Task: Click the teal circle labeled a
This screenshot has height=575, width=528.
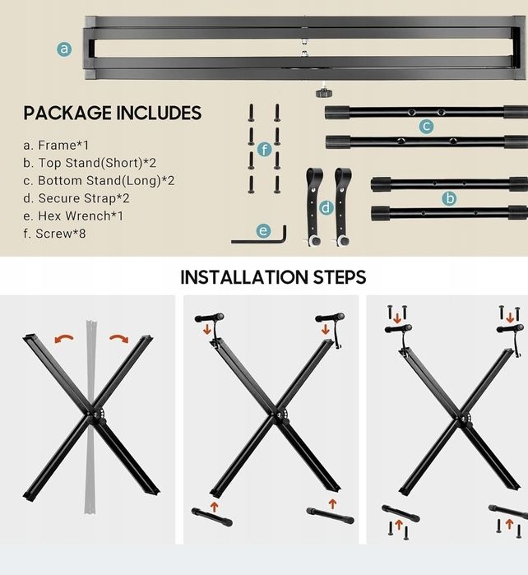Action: [64, 49]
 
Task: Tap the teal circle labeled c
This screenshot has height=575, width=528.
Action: [426, 126]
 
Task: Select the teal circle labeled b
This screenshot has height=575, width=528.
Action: [449, 198]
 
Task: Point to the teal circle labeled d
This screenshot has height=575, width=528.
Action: [326, 208]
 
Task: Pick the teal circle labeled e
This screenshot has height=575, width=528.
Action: [263, 230]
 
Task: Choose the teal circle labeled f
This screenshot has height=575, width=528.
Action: [264, 150]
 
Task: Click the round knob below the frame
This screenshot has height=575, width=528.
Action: [324, 93]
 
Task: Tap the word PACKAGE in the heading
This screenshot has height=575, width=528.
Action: [67, 113]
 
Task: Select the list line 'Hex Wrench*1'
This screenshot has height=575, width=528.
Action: [73, 216]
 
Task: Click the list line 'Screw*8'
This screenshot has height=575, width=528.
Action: [54, 234]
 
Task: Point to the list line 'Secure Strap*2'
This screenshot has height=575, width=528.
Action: [76, 198]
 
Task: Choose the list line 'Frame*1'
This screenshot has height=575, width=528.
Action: [56, 146]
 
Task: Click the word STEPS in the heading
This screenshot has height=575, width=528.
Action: [339, 277]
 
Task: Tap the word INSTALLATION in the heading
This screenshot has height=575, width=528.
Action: [244, 277]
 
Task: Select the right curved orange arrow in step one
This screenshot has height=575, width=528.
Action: [119, 338]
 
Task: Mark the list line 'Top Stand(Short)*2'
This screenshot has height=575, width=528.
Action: [90, 163]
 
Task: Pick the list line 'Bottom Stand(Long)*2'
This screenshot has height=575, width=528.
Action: [99, 181]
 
